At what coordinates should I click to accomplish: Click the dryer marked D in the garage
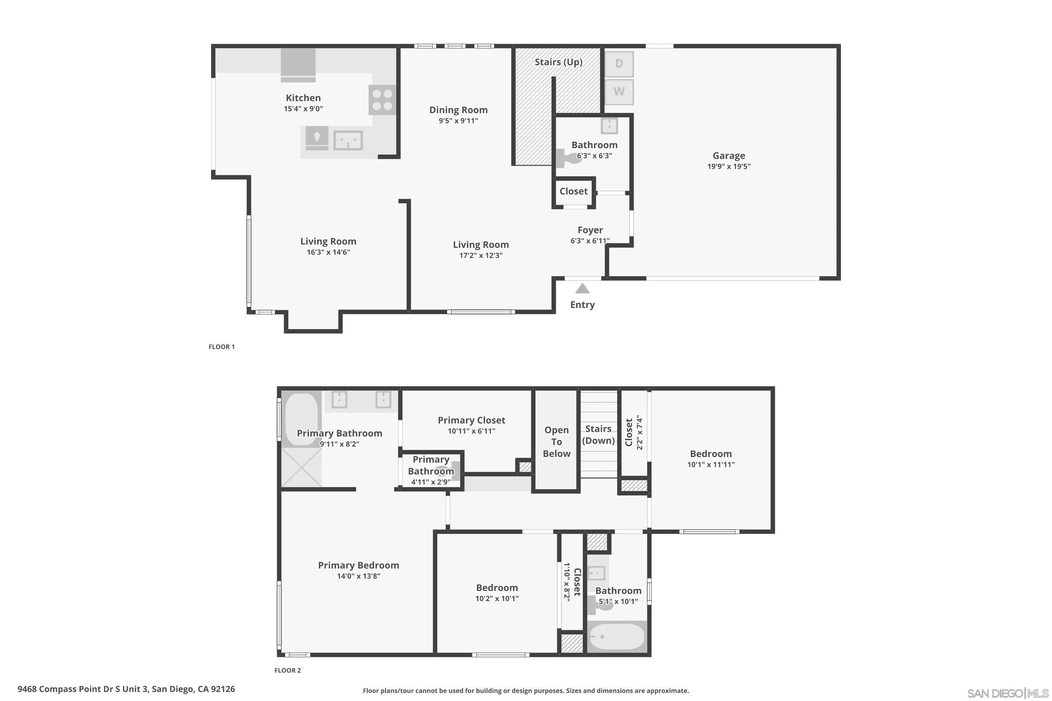point(619,64)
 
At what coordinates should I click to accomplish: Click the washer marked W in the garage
point(619,91)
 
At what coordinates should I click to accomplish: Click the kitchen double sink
point(348,141)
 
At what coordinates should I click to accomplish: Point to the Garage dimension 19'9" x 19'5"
point(729,166)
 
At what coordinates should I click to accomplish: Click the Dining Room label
point(458,110)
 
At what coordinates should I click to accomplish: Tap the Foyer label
point(590,230)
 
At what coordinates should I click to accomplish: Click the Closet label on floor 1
point(573,191)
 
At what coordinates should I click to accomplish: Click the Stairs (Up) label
point(558,62)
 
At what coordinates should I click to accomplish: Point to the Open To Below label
point(557,442)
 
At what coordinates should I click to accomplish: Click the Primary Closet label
point(471,420)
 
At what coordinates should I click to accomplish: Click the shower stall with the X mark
point(301,468)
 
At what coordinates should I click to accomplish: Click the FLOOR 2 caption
point(288,670)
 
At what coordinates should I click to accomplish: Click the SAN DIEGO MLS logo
point(1008,693)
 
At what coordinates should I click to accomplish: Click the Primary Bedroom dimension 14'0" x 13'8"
point(358,576)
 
